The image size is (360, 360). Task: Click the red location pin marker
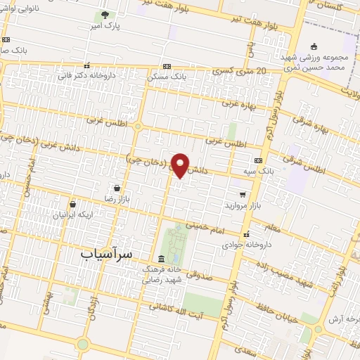181,165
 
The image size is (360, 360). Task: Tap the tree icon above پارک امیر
105,15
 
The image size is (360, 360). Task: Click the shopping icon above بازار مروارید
243,194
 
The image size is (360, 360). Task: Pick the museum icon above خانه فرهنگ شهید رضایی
162,258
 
